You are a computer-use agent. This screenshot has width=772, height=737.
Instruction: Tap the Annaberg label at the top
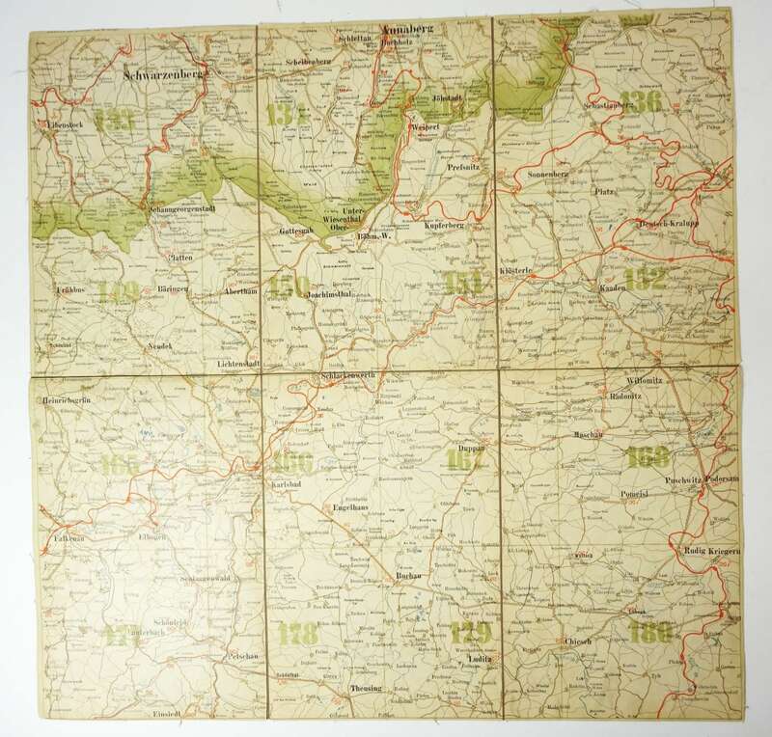[x=409, y=30]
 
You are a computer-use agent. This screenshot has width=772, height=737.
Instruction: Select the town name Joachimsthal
[x=335, y=287]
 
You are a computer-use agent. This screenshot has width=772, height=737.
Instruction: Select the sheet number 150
[x=290, y=286]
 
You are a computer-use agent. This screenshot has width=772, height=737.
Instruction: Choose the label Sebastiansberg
[x=587, y=113]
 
